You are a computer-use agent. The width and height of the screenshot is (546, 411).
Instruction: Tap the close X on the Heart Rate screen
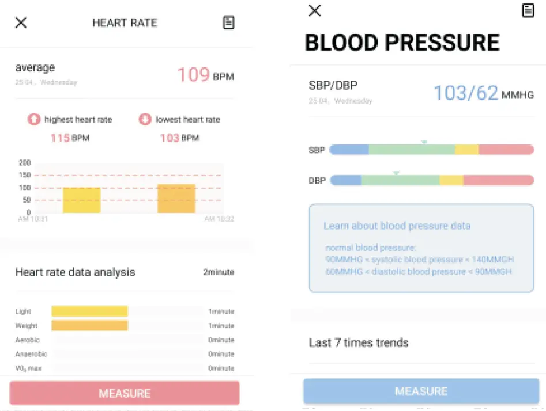(x=21, y=23)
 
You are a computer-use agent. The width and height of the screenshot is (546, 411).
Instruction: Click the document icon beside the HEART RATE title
(x=228, y=23)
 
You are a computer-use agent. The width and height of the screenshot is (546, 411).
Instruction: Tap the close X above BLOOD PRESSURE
(x=314, y=10)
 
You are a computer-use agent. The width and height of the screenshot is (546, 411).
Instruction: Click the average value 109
(x=193, y=75)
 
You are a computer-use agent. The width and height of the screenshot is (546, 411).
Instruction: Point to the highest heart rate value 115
(x=59, y=138)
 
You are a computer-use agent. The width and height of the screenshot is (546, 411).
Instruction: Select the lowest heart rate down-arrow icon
(x=145, y=120)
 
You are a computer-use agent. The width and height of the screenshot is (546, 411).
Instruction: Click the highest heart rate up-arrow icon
(x=34, y=120)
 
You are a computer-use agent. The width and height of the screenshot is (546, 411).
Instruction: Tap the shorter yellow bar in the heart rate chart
(x=81, y=200)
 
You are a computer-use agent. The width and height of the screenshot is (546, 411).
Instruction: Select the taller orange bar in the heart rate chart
(x=176, y=199)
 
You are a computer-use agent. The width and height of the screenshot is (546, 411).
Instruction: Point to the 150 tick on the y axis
(x=25, y=175)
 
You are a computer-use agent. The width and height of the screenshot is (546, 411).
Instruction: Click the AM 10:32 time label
(x=219, y=219)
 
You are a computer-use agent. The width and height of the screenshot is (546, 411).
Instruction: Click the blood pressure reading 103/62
(x=465, y=93)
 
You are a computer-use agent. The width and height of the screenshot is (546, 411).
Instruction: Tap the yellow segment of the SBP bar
(x=466, y=150)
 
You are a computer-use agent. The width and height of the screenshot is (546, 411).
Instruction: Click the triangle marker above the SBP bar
(x=424, y=142)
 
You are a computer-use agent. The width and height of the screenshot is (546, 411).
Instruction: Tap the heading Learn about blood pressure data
(x=397, y=226)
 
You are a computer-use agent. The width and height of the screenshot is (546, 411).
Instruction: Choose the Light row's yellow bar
(x=89, y=311)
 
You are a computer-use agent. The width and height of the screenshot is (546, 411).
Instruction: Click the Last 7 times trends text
(x=359, y=343)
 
